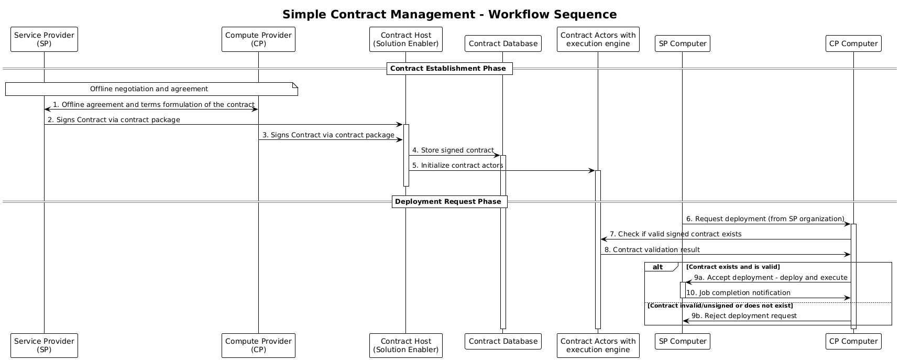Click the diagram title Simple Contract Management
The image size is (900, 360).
click(x=449, y=15)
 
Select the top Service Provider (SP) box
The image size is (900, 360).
click(x=44, y=39)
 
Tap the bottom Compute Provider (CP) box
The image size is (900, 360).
click(x=258, y=345)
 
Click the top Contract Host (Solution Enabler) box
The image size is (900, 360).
click(x=405, y=39)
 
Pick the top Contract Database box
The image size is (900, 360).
click(x=503, y=43)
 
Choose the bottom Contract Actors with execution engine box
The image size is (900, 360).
click(x=598, y=345)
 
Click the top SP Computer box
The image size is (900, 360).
click(x=682, y=43)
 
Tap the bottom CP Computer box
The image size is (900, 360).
click(x=853, y=341)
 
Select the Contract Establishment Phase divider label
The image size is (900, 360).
click(x=449, y=69)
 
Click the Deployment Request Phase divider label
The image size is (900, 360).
click(x=449, y=202)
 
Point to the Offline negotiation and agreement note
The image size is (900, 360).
click(x=149, y=89)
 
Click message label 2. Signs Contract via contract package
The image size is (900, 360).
click(x=114, y=120)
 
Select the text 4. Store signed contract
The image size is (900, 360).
click(x=453, y=150)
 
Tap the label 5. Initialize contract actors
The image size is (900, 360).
click(x=457, y=166)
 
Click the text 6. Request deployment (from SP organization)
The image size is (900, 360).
click(x=765, y=219)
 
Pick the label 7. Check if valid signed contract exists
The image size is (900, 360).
click(x=675, y=234)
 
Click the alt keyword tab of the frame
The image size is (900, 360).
click(x=658, y=267)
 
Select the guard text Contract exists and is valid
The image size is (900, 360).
click(x=733, y=267)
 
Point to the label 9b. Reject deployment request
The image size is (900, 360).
click(x=744, y=316)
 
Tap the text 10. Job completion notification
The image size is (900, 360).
click(x=738, y=293)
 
